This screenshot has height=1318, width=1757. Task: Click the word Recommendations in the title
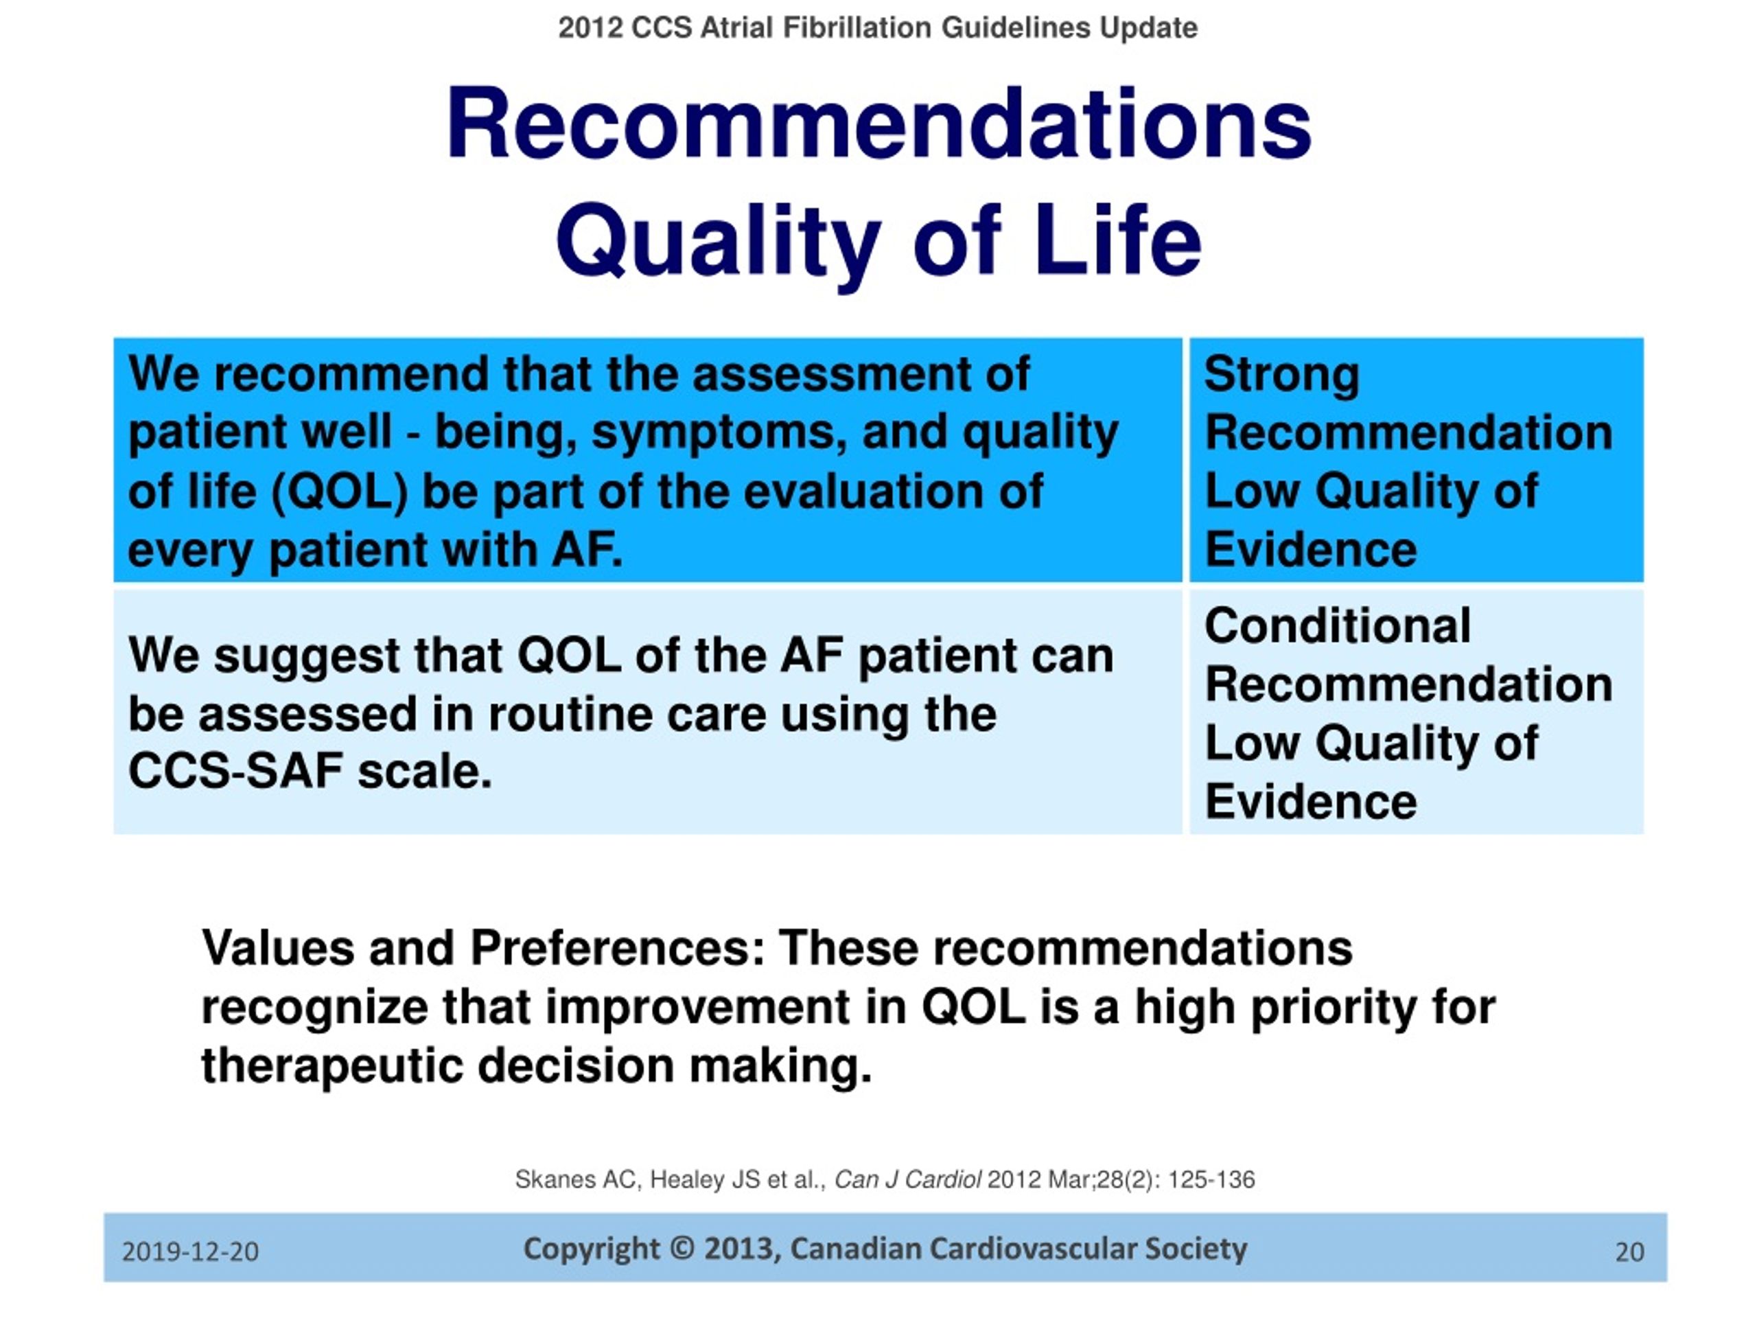878,125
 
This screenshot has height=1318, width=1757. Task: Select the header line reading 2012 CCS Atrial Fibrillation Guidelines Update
878,28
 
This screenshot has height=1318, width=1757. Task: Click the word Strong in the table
1282,375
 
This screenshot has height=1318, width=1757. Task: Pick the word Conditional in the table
1338,625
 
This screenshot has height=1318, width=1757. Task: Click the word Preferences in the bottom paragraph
617,948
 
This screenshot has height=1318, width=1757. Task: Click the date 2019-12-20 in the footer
191,1252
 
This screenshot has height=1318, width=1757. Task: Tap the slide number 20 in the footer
1630,1252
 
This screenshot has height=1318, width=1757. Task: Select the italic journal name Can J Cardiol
908,1180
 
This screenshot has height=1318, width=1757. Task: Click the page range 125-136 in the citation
1211,1180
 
